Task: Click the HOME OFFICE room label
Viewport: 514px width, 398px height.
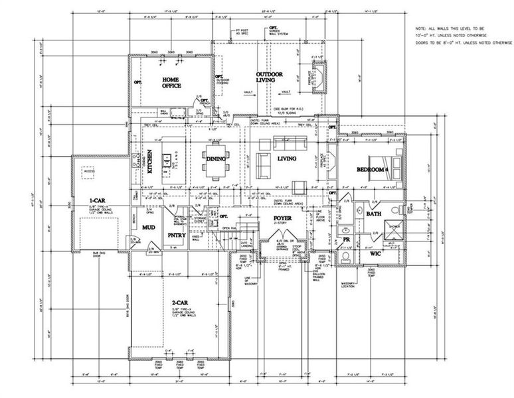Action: click(172, 82)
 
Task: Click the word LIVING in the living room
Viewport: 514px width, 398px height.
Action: click(286, 159)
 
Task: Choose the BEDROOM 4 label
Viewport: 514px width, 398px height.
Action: click(371, 170)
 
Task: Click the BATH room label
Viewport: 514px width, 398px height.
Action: click(373, 214)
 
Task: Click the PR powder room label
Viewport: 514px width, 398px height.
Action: click(346, 239)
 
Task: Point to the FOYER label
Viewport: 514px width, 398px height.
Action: click(283, 218)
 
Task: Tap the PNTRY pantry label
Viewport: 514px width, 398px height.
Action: click(176, 235)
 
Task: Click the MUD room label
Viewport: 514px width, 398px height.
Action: click(149, 228)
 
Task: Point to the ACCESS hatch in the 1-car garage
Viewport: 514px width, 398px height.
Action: click(88, 171)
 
